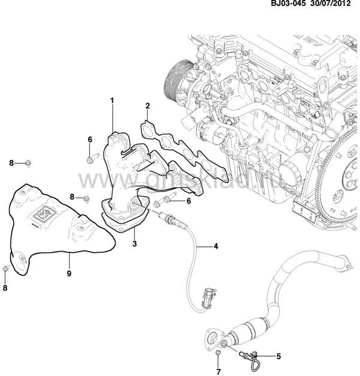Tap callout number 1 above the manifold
pyautogui.click(x=112, y=100)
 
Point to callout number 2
pyautogui.click(x=147, y=106)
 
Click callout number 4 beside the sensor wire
pyautogui.click(x=217, y=246)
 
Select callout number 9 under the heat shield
pyautogui.click(x=70, y=273)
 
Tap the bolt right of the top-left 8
pyautogui.click(x=28, y=163)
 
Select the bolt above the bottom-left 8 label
pyautogui.click(x=5, y=269)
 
